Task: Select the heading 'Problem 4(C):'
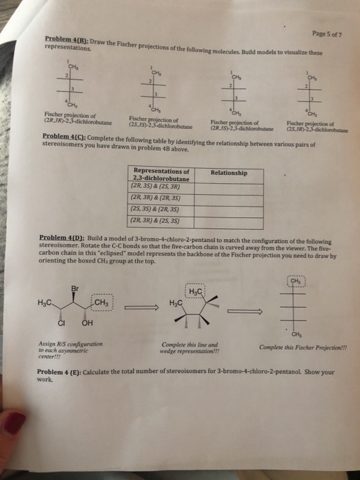66,137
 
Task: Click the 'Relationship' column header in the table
228,172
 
